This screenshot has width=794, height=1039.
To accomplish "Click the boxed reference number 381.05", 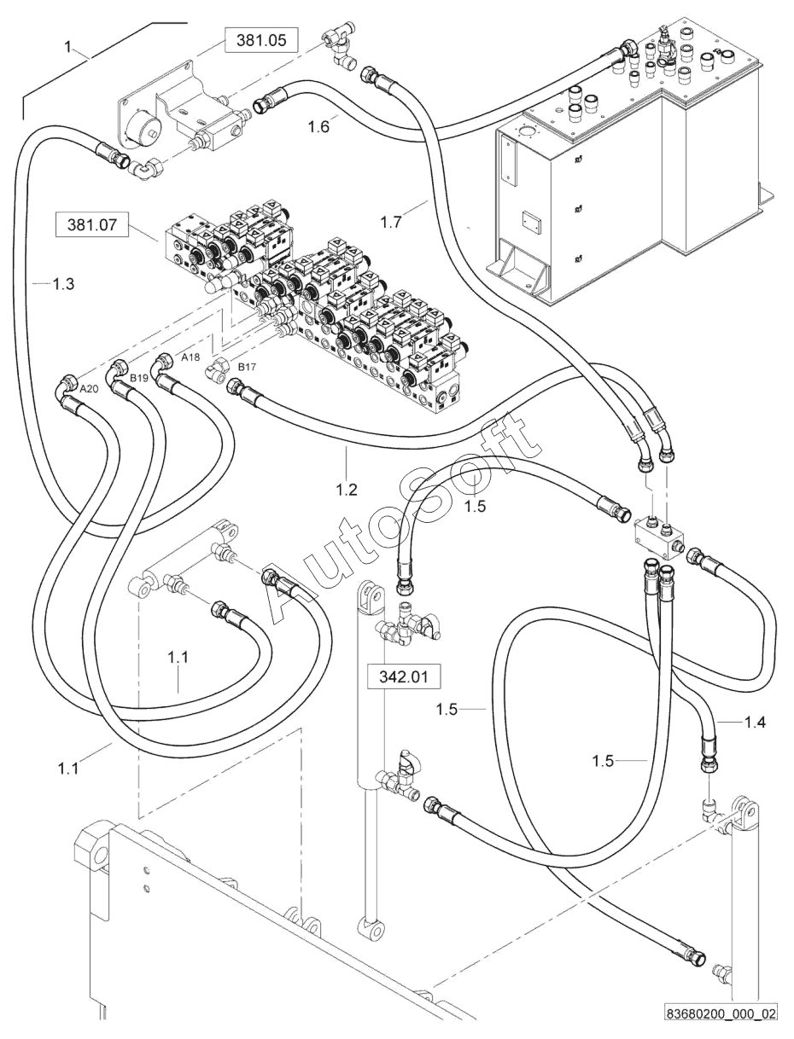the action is click(x=261, y=40).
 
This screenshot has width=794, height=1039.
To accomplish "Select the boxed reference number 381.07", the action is click(x=92, y=223).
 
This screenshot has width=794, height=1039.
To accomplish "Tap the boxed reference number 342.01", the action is click(x=404, y=677).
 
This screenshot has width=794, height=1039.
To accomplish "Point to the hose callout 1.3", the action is click(x=63, y=284).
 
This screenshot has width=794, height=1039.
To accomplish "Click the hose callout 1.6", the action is click(x=318, y=127).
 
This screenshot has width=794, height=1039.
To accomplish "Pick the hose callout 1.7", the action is click(x=391, y=222).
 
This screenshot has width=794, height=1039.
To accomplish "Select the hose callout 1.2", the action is click(x=347, y=490).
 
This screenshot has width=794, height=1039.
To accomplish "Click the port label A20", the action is click(x=89, y=389).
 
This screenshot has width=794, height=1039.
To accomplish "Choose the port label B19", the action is click(x=139, y=379).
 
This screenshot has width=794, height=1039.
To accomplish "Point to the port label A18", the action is click(x=190, y=358).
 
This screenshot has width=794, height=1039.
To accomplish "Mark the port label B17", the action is click(x=247, y=367).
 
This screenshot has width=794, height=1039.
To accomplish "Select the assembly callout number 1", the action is click(x=68, y=47).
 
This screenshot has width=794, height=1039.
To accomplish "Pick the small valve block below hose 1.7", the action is click(x=659, y=535).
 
